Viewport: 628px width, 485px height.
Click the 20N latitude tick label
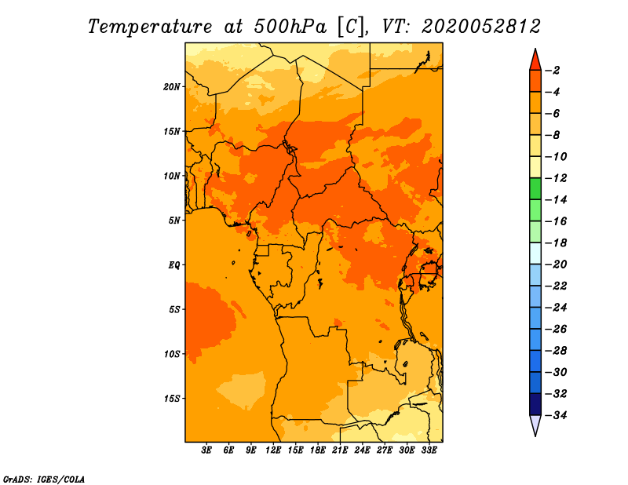(172, 87)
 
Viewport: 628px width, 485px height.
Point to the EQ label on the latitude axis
(174, 265)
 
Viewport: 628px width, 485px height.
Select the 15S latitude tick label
(172, 399)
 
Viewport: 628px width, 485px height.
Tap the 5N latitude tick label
(174, 221)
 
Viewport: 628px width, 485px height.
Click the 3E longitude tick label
(206, 450)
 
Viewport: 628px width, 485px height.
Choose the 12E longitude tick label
(273, 450)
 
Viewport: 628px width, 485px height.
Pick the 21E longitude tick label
(340, 450)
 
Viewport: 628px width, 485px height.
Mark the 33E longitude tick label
(429, 450)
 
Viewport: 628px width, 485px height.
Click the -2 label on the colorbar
(553, 71)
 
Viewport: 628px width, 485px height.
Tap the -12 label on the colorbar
(556, 178)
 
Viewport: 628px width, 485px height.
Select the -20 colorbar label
(556, 264)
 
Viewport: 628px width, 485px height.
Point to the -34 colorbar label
(556, 415)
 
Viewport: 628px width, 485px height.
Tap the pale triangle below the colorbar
(535, 423)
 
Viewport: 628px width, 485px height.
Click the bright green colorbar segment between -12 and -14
(535, 189)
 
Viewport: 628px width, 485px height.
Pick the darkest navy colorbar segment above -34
(535, 404)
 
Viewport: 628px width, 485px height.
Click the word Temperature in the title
(150, 27)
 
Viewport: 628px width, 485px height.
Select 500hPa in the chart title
(290, 27)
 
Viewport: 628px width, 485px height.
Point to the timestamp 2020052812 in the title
(481, 27)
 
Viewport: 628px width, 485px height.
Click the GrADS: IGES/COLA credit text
(44, 480)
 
